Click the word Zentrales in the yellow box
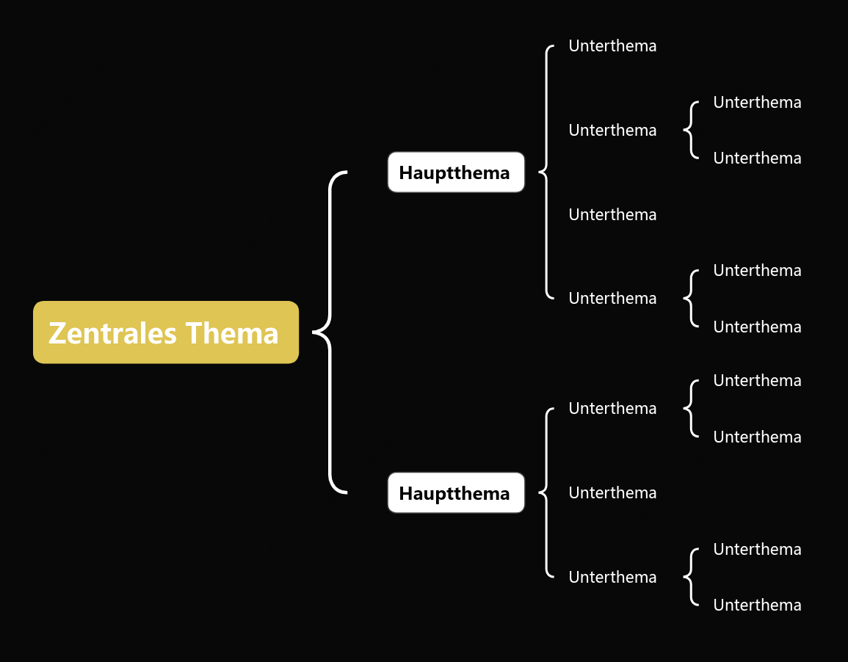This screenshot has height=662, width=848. click(x=112, y=333)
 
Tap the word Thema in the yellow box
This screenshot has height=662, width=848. click(x=232, y=333)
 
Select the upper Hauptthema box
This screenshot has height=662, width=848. click(x=456, y=172)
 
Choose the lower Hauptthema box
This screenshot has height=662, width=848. click(x=456, y=493)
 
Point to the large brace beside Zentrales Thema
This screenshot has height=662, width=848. click(x=330, y=332)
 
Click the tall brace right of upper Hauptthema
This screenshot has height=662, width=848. click(x=546, y=172)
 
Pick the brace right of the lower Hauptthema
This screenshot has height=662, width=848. click(x=546, y=493)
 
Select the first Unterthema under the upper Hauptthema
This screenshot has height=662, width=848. click(x=613, y=46)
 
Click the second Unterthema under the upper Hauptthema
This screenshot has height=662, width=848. click(x=613, y=130)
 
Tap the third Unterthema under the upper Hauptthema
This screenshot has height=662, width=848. click(x=613, y=214)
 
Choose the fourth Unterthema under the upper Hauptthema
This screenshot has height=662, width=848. click(x=613, y=298)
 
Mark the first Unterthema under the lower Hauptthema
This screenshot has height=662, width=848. click(x=613, y=409)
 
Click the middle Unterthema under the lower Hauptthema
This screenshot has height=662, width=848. click(x=613, y=493)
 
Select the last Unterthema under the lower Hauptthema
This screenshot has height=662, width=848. click(x=613, y=577)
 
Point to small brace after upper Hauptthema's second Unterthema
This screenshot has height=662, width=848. click(x=691, y=130)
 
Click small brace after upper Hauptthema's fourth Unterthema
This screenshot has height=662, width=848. click(x=691, y=298)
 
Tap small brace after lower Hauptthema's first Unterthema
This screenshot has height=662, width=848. click(x=691, y=409)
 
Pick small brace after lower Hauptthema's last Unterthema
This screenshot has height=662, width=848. click(x=691, y=577)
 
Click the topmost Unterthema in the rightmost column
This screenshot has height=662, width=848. click(x=757, y=103)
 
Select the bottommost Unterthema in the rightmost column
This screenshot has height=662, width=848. click(x=757, y=605)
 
